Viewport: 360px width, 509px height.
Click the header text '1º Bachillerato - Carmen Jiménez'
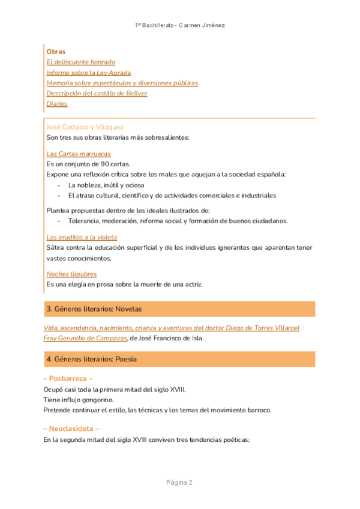click(179, 25)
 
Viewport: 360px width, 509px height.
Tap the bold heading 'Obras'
click(56, 52)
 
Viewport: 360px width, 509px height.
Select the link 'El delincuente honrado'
click(80, 62)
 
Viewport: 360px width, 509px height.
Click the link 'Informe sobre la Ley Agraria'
click(88, 73)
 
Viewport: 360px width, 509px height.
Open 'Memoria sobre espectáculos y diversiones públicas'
click(122, 83)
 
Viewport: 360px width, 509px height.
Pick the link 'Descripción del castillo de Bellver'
click(97, 93)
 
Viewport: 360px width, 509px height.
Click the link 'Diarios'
click(57, 103)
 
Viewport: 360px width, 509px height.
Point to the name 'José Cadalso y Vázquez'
click(85, 127)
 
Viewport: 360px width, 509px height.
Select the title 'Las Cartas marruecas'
click(79, 154)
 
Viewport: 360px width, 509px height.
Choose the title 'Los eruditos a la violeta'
click(82, 237)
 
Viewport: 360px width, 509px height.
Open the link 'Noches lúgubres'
click(71, 274)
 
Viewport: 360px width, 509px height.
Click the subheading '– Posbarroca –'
click(68, 379)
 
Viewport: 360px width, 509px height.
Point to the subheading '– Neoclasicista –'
click(71, 429)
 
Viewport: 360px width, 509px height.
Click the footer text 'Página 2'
click(179, 483)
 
